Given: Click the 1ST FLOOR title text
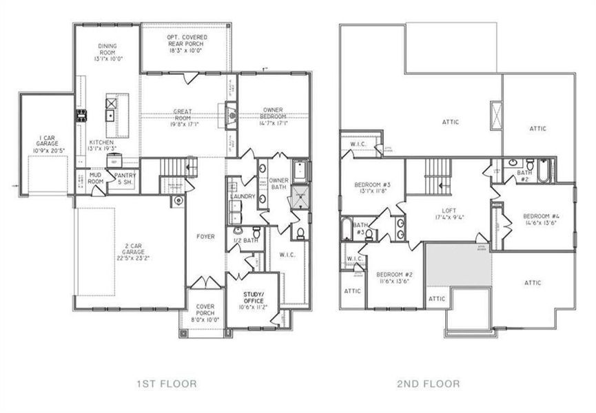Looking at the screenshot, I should coord(167,383).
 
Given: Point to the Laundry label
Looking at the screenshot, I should coord(243,197).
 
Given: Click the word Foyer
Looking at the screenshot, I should coord(205,237).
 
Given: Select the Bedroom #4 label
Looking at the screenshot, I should coord(541,220).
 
